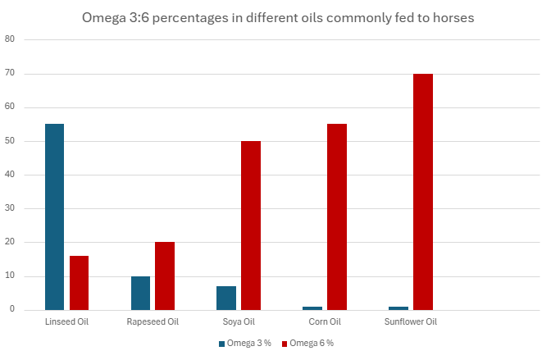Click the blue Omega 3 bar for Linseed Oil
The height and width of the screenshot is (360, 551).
[55, 217]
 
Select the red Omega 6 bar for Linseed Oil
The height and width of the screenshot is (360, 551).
[79, 283]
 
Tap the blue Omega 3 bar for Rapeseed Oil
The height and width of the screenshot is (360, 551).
[140, 293]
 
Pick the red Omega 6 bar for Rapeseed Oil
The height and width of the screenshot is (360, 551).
[165, 276]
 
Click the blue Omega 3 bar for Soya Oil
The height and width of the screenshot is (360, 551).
[226, 298]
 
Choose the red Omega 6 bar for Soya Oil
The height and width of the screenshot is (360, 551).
[251, 226]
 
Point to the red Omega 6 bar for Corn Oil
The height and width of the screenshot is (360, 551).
[336, 217]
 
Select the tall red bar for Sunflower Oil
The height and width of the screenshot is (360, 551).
[422, 192]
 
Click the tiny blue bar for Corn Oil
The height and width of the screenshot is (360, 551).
[312, 308]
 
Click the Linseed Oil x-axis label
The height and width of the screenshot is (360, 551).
[66, 322]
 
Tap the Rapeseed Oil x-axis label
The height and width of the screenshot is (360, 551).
[153, 322]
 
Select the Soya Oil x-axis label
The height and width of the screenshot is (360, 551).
[239, 322]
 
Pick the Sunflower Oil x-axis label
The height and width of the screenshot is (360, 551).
[411, 322]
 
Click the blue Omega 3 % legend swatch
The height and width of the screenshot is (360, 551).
[221, 344]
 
